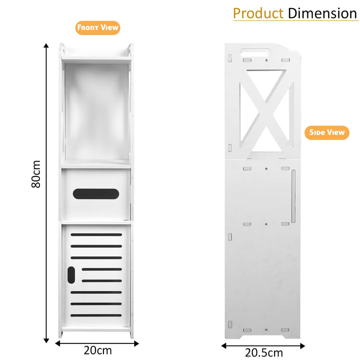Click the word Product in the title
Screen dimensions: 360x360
(258, 13)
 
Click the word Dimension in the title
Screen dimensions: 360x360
(322, 13)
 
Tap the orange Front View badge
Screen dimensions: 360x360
(98, 27)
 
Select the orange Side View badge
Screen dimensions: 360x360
(327, 132)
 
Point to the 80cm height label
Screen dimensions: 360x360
(36, 174)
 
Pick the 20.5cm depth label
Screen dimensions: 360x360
(263, 352)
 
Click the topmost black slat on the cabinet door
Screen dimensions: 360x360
(96, 234)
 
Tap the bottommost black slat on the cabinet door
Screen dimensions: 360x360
(96, 315)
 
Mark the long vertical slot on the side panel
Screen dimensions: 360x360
(293, 196)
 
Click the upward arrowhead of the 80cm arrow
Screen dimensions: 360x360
(46, 45)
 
